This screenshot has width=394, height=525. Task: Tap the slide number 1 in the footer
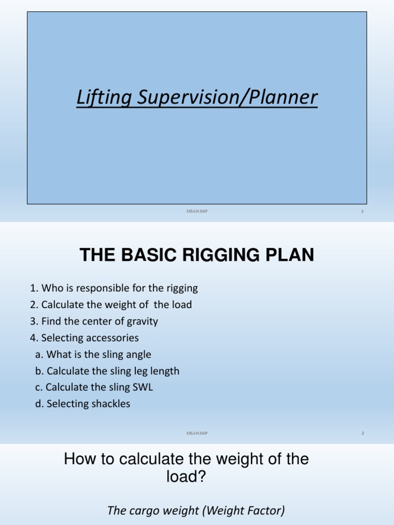[x=362, y=211]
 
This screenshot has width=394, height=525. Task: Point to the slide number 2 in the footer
[x=362, y=433]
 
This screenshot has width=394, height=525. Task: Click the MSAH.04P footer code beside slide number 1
[x=197, y=211]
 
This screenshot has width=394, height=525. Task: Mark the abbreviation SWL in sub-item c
[x=143, y=387]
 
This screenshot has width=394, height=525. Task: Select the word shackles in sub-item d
[x=110, y=403]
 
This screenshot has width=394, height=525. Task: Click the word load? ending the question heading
[x=186, y=477]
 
